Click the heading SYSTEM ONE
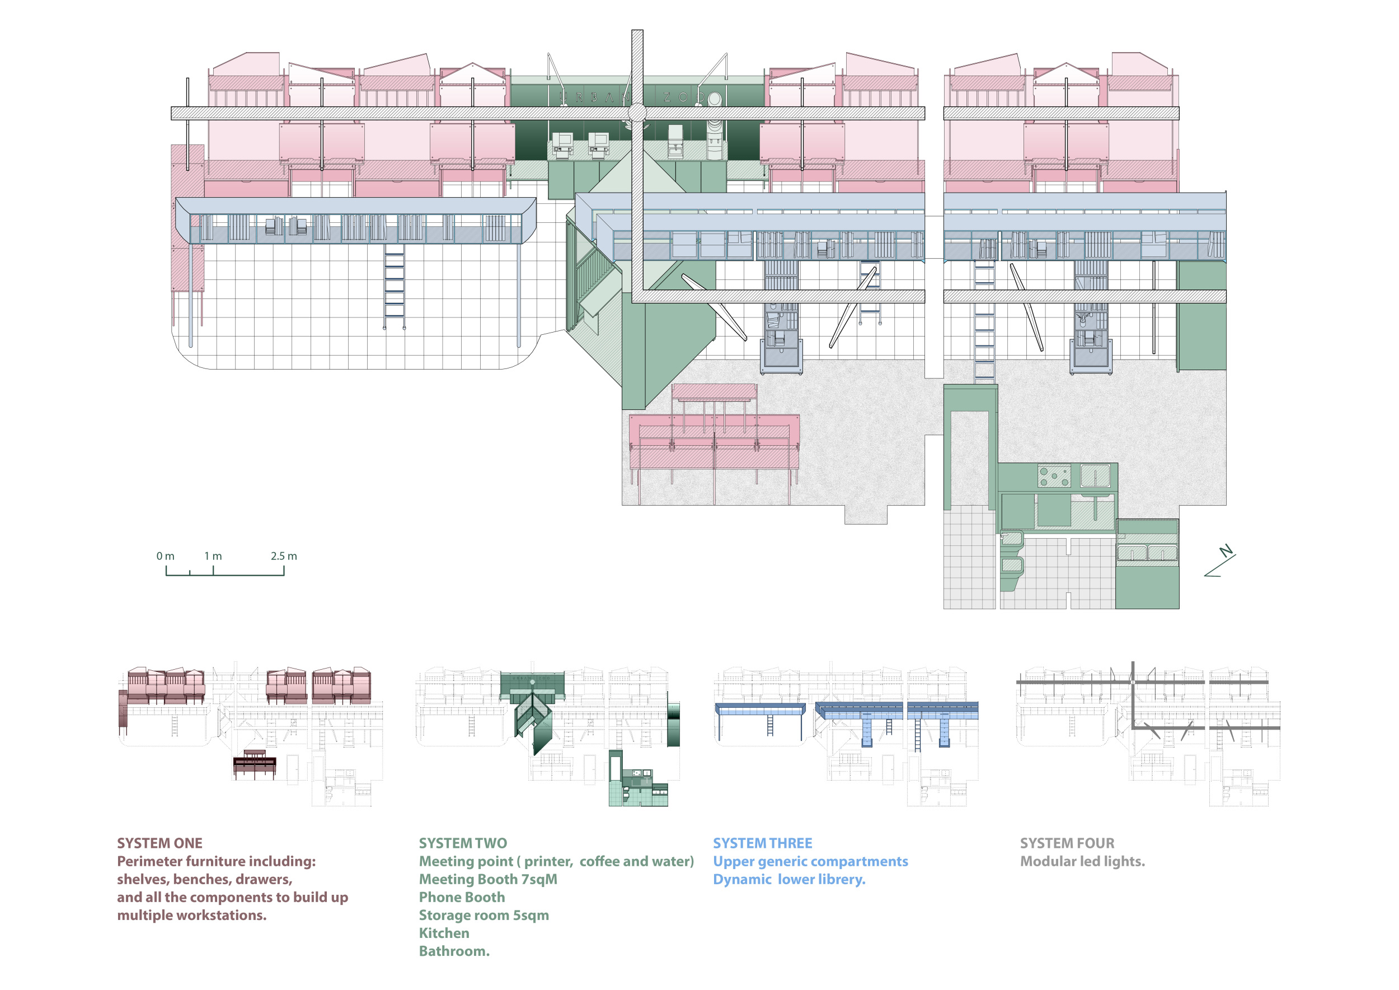tap(159, 843)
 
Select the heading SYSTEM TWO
tap(462, 843)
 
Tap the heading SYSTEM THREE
tap(762, 843)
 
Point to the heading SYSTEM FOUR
tap(1067, 843)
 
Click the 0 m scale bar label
tap(165, 556)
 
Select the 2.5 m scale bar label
tap(284, 556)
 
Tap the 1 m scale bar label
tap(213, 556)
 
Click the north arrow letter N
tap(1226, 551)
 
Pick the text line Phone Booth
tap(462, 898)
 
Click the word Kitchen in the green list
tap(444, 933)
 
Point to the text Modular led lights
tap(1082, 861)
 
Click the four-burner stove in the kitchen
tap(1054, 476)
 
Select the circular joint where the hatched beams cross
tap(637, 113)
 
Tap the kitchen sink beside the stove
tap(1095, 475)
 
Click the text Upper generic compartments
tap(810, 861)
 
